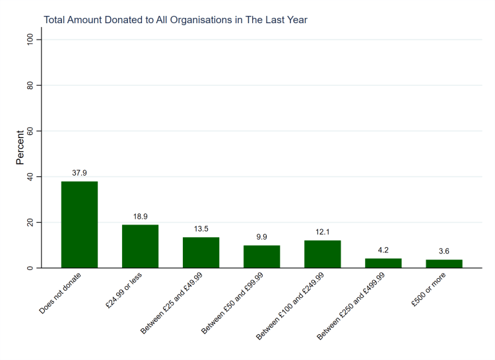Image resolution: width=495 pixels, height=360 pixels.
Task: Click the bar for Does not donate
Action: tap(79, 225)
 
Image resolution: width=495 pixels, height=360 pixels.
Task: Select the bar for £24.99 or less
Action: tap(140, 246)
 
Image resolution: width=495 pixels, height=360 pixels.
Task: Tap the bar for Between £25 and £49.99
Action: tap(201, 252)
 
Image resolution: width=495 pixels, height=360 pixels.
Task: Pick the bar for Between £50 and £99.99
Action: tap(261, 256)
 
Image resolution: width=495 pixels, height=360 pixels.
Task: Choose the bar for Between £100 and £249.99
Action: tap(322, 254)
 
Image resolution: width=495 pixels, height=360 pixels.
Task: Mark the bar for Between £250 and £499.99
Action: tap(383, 263)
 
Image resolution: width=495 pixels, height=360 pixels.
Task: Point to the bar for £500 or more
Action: tap(444, 264)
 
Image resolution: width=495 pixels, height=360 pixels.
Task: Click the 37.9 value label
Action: tap(79, 173)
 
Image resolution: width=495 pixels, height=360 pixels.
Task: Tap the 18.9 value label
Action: tap(140, 217)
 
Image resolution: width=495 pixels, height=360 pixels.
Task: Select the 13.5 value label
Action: tap(201, 229)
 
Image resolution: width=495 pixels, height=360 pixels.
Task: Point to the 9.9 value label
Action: tap(261, 237)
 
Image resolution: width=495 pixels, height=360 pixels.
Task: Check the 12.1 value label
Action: tap(322, 232)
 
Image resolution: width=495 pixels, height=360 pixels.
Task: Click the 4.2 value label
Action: tap(383, 250)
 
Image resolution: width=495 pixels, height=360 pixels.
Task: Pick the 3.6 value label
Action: tap(444, 252)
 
